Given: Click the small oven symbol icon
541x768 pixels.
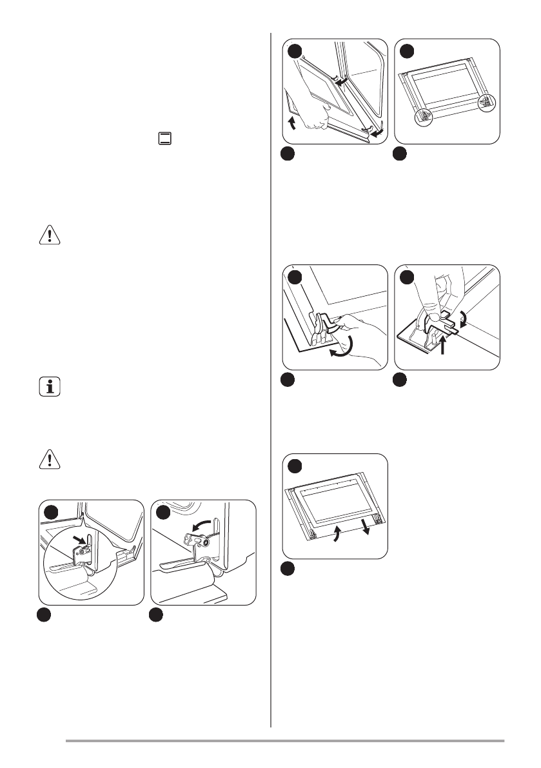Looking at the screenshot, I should pyautogui.click(x=166, y=139).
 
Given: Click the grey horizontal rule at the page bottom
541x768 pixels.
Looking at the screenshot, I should pyautogui.click(x=284, y=741).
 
